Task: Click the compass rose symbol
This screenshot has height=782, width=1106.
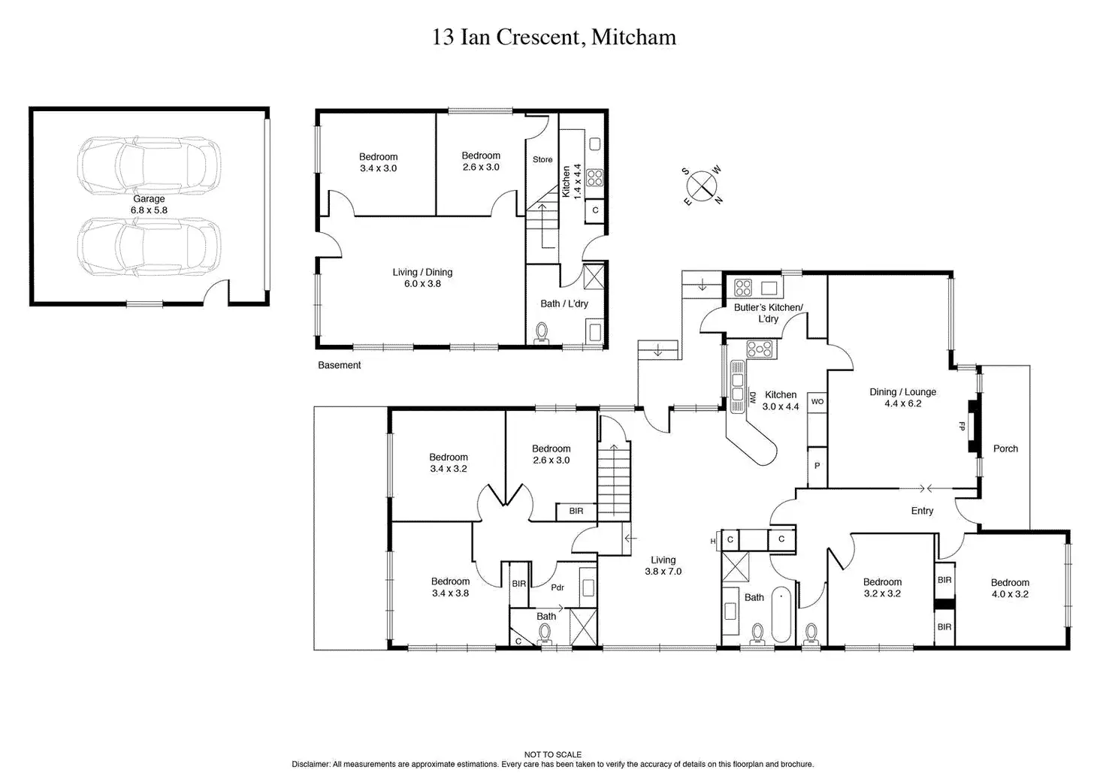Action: point(702,186)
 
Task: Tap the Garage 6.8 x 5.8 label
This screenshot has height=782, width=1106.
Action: point(149,204)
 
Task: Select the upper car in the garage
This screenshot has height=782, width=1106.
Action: point(149,165)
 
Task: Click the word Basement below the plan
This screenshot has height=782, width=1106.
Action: point(339,365)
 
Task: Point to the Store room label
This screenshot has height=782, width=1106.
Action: point(542,159)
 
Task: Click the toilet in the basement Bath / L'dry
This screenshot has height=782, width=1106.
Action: point(542,334)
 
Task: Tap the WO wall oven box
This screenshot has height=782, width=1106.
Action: point(817,402)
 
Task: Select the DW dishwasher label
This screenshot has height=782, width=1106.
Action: point(753,397)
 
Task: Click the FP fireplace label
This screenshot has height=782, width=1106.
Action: point(961,426)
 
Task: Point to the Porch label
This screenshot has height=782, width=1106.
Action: point(1005,448)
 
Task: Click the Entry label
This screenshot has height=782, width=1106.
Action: point(922,511)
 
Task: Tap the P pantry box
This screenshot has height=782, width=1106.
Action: point(817,466)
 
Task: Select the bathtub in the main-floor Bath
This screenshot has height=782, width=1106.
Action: point(781,614)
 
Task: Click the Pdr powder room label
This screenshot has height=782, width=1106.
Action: point(558,587)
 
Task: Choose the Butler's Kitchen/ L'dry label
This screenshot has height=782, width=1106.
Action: point(769,313)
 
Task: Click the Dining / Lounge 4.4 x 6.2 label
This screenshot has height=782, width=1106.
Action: point(902,397)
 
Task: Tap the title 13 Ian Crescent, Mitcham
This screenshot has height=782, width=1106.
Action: point(554,37)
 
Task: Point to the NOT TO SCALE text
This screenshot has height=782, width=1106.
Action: point(552,754)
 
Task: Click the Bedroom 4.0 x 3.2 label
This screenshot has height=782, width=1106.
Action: point(1010,588)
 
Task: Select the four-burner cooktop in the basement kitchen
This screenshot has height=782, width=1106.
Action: point(594,178)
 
